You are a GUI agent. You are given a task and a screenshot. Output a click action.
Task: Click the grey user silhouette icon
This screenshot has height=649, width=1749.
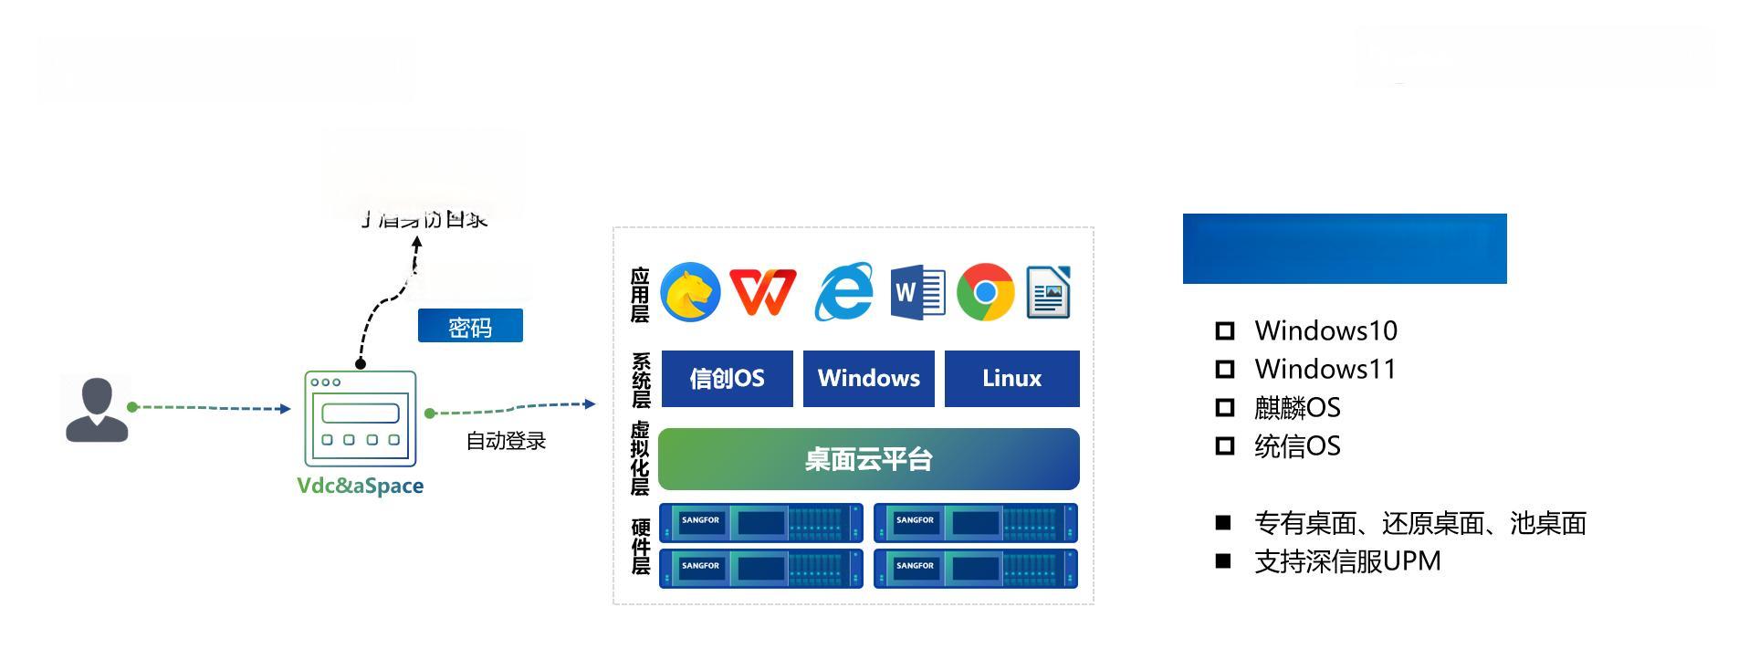click(97, 410)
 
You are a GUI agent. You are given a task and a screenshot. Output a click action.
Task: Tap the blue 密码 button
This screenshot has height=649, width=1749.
click(470, 326)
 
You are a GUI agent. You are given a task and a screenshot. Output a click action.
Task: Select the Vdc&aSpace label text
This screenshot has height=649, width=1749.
click(360, 486)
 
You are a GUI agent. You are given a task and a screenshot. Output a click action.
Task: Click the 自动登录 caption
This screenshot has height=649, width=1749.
click(506, 441)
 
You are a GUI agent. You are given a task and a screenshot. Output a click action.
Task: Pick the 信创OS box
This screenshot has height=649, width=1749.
click(727, 379)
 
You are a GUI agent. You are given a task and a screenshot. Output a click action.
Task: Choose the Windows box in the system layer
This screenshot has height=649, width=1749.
click(868, 379)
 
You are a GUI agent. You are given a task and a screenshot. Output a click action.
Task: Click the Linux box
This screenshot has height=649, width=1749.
click(1011, 379)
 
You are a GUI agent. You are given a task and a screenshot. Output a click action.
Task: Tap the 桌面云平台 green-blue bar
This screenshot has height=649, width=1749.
click(868, 459)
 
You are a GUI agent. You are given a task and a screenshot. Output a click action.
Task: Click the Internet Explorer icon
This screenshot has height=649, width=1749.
click(843, 292)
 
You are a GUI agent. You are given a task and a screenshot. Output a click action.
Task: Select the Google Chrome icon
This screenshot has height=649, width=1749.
click(985, 292)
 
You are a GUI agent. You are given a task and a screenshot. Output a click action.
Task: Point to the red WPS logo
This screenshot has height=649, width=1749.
click(763, 292)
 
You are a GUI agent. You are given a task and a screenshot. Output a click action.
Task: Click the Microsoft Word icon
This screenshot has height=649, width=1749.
click(917, 292)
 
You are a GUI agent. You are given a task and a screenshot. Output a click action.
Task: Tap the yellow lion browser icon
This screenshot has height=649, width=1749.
click(690, 292)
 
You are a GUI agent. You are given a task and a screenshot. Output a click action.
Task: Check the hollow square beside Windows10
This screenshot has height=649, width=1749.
click(1225, 330)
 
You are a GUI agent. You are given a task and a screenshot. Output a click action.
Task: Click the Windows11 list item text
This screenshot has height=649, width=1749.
click(1325, 370)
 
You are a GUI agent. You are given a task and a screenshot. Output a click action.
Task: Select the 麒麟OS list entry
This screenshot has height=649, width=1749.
click(1297, 408)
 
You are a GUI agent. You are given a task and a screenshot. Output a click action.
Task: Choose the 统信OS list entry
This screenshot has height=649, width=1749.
click(1297, 446)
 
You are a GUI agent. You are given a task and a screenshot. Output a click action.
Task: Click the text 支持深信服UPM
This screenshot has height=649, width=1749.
click(1347, 561)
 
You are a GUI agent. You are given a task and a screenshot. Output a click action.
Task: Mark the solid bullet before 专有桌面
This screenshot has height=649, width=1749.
click(1223, 523)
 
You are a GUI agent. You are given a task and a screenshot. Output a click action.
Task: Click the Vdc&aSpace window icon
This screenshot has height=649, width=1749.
click(360, 418)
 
